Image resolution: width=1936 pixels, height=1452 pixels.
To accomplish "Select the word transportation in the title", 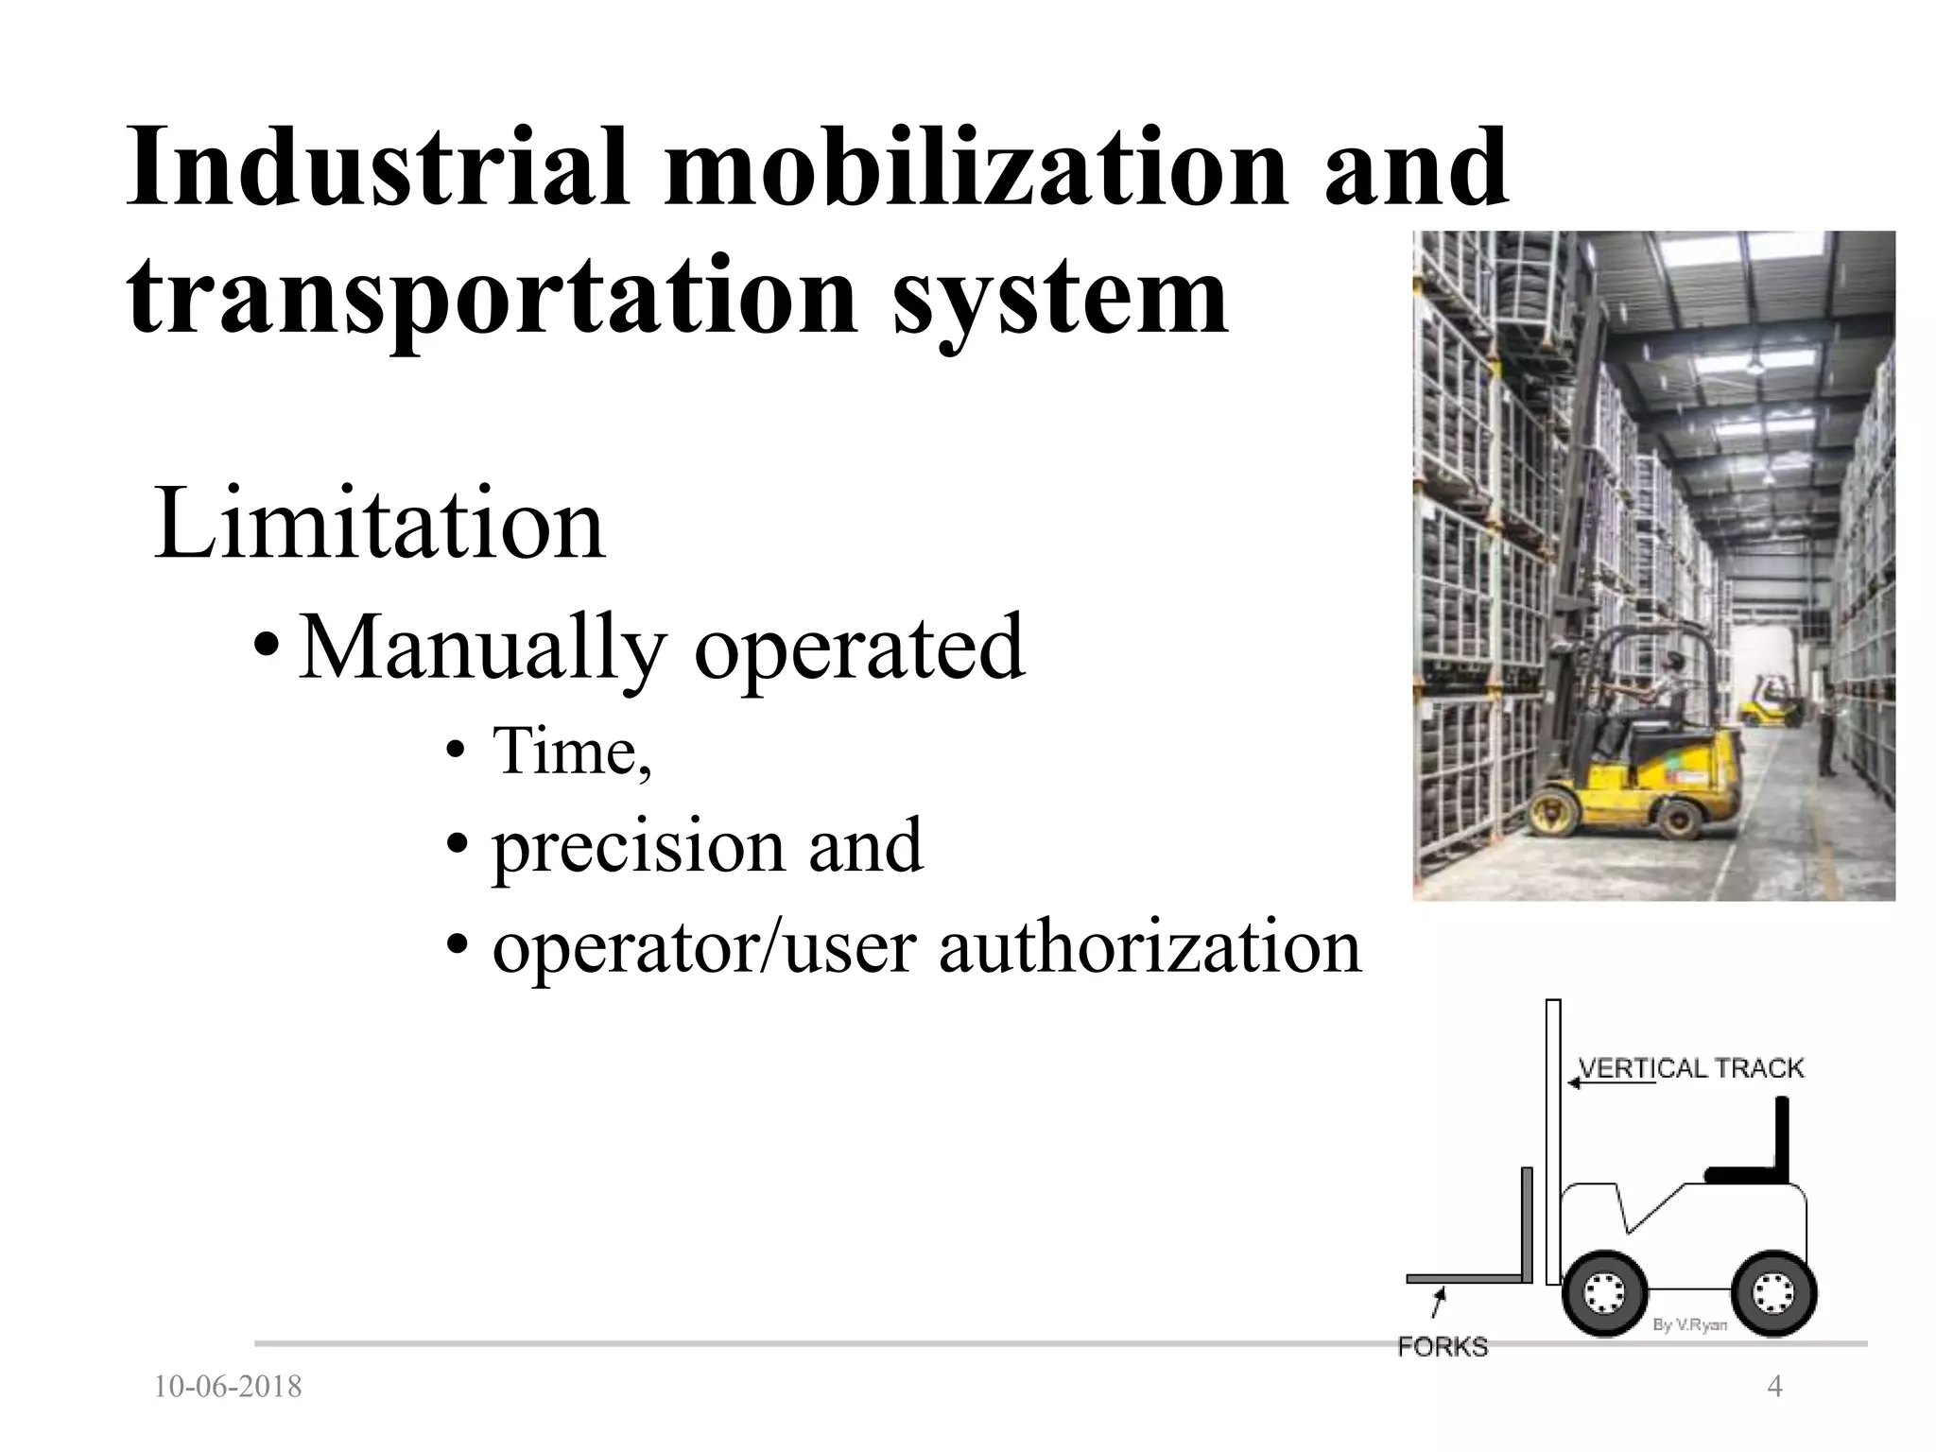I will pyautogui.click(x=491, y=295).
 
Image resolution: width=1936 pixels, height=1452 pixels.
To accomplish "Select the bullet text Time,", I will pyautogui.click(x=572, y=751).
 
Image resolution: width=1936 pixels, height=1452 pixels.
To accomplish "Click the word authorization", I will pyautogui.click(x=1149, y=947).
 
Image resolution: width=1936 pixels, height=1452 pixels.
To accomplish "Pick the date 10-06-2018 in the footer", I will pyautogui.click(x=228, y=1388).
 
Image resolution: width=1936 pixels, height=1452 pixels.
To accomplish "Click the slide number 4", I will pyautogui.click(x=1774, y=1387).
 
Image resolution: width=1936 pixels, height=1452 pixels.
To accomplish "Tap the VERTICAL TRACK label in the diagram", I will pyautogui.click(x=1691, y=1068).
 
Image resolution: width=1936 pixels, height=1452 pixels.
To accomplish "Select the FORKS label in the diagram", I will pyautogui.click(x=1443, y=1347).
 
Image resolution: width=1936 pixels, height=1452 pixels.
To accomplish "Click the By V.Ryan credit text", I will pyautogui.click(x=1690, y=1325).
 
